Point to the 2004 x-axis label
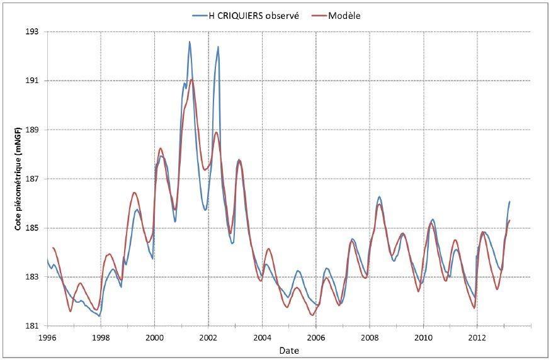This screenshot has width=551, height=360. (262, 337)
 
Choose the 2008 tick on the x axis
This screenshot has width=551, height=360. (370, 337)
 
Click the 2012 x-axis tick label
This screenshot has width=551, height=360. (477, 337)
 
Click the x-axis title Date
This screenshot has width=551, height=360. (290, 350)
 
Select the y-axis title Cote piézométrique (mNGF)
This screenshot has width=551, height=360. (18, 179)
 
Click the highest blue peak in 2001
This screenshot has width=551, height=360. (190, 42)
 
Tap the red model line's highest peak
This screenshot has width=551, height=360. (191, 79)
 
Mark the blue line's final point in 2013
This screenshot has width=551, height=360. (509, 201)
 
